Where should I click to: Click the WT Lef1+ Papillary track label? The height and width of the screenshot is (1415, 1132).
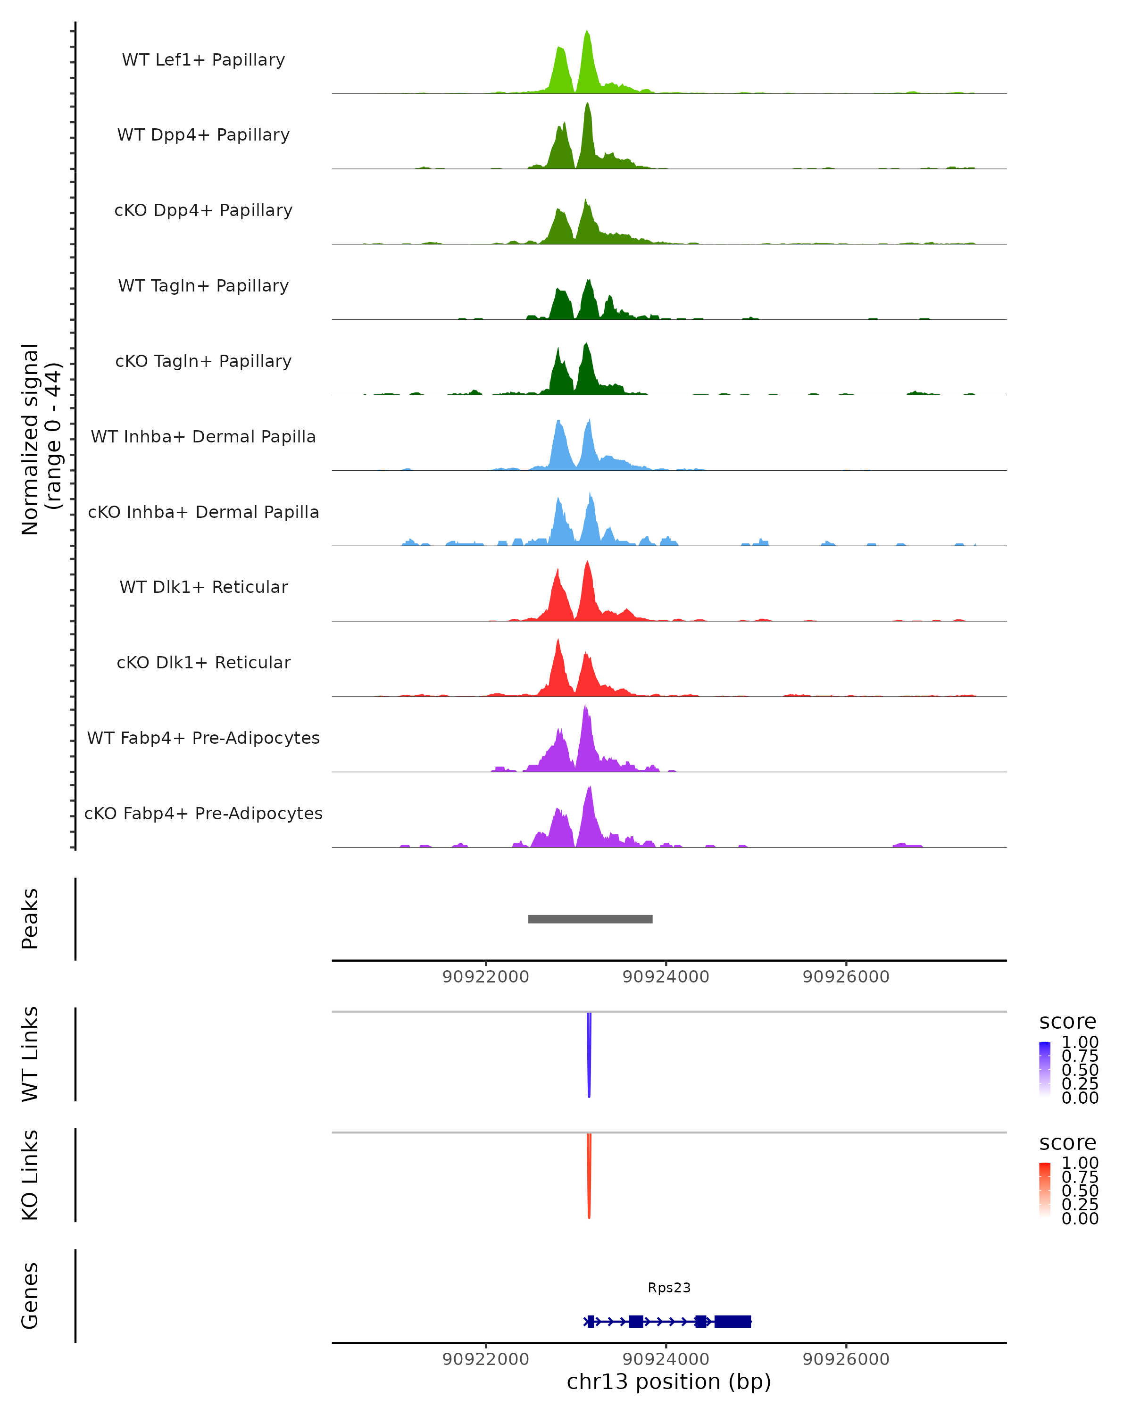[x=203, y=60]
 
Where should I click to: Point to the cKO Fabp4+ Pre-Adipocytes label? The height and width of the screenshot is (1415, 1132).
[x=203, y=813]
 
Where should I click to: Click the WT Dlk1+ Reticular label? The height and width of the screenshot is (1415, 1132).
[x=203, y=587]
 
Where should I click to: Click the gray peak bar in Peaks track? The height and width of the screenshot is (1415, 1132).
[x=590, y=919]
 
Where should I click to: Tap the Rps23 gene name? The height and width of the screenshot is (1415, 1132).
[x=669, y=1288]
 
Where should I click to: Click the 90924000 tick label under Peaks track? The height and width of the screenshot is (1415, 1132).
[x=666, y=977]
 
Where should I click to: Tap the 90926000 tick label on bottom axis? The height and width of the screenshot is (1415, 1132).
[x=846, y=1358]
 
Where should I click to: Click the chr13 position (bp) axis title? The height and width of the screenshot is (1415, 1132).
[x=669, y=1382]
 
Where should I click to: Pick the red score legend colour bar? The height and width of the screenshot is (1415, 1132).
[x=1045, y=1190]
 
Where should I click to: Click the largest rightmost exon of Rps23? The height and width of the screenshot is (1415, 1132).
[x=732, y=1321]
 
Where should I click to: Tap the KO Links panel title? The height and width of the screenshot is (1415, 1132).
[x=30, y=1175]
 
